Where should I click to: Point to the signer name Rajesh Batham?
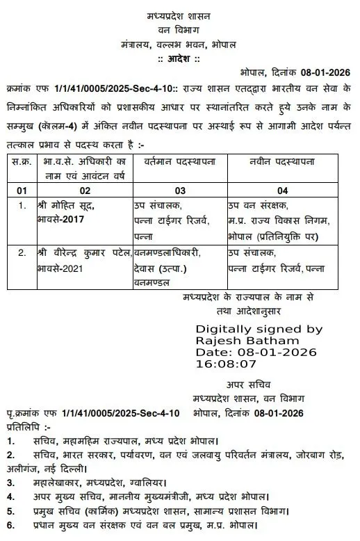click(247, 341)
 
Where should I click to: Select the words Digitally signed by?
click(259, 328)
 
